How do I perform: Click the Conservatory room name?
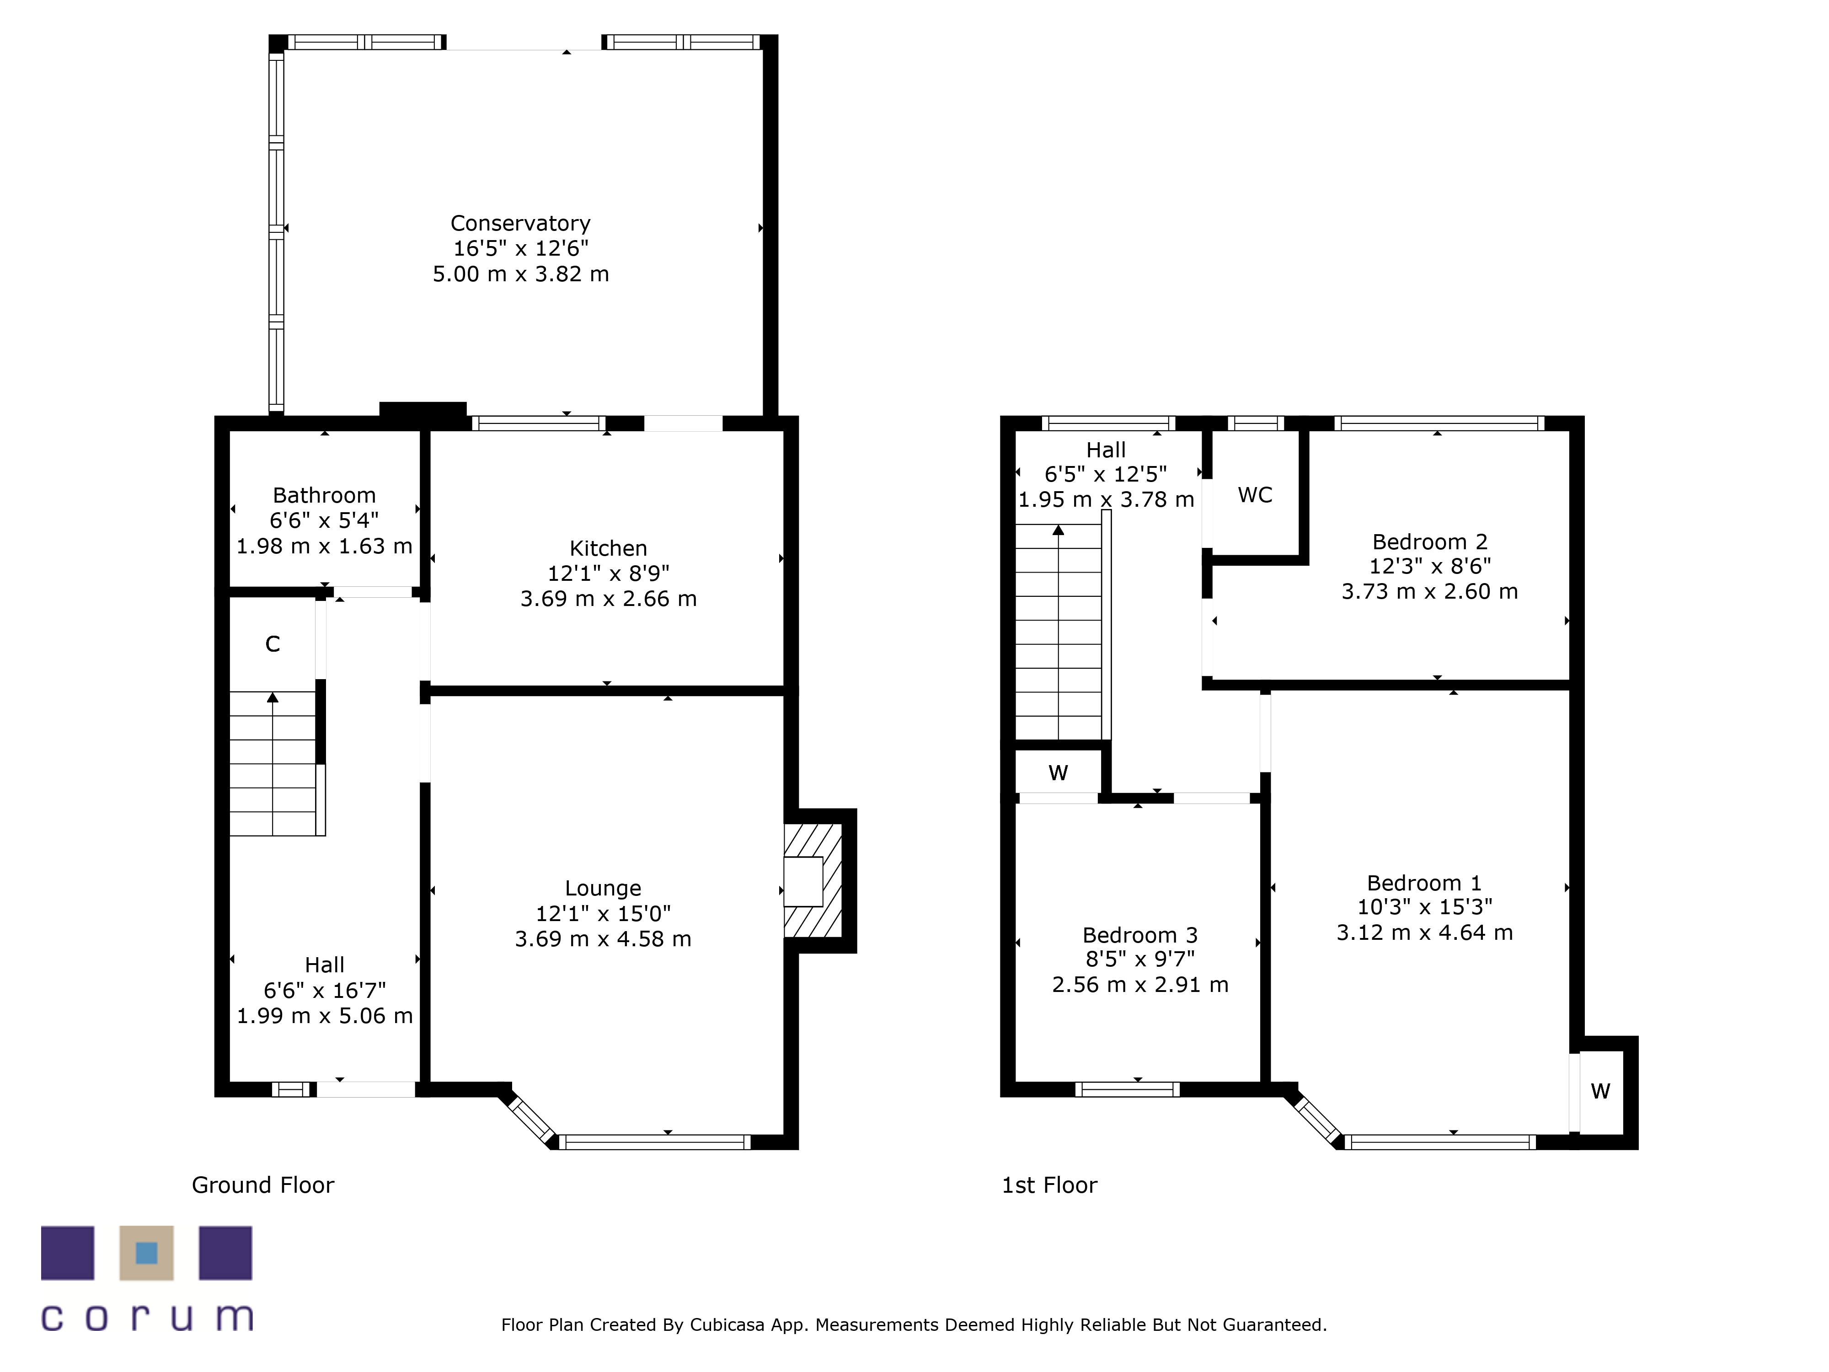pyautogui.click(x=520, y=223)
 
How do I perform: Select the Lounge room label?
pyautogui.click(x=603, y=888)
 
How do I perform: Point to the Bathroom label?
pyautogui.click(x=324, y=495)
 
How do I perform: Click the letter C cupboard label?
pyautogui.click(x=273, y=644)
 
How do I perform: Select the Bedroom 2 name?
pyautogui.click(x=1430, y=541)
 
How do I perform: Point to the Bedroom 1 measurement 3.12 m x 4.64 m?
pyautogui.click(x=1425, y=933)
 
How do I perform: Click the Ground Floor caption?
pyautogui.click(x=263, y=1185)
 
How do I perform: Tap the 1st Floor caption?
pyautogui.click(x=1049, y=1185)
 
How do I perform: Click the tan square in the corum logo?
pyautogui.click(x=146, y=1253)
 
